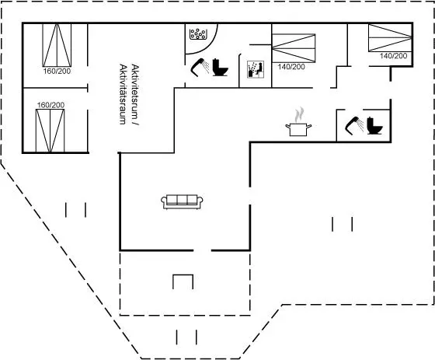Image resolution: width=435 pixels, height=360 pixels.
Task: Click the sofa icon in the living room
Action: (x=182, y=201)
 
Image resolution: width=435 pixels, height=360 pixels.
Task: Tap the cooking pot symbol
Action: (x=298, y=130)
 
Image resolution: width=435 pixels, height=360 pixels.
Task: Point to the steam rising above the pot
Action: (x=299, y=115)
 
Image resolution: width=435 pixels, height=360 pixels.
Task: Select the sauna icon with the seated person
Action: (x=256, y=69)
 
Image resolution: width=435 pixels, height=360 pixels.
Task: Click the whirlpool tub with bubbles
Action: (x=197, y=34)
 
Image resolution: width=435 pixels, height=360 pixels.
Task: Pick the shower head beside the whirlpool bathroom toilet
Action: (x=200, y=67)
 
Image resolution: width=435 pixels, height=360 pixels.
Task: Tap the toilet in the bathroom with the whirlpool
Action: (x=221, y=67)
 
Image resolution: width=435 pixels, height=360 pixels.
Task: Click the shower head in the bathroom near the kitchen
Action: (x=354, y=126)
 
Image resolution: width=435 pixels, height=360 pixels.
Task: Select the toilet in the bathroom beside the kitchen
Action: (x=374, y=126)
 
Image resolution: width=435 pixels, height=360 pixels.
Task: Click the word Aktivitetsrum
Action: (x=134, y=95)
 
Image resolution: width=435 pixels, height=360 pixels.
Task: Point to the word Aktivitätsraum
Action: (x=123, y=94)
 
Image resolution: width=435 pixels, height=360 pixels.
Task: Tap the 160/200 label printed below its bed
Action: (x=57, y=71)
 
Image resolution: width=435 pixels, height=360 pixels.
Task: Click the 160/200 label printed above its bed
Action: (x=50, y=105)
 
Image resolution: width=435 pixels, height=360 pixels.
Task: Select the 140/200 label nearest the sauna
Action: (x=291, y=67)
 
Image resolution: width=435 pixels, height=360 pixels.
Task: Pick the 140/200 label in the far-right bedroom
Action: (x=393, y=56)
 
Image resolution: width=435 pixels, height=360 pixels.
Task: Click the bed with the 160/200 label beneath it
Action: (x=57, y=45)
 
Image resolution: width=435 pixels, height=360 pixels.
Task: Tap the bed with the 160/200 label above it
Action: (x=50, y=131)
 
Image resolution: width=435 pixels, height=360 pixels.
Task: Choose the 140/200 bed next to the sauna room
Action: (x=294, y=48)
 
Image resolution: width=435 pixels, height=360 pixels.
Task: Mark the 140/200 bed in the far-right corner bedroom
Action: (x=390, y=38)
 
